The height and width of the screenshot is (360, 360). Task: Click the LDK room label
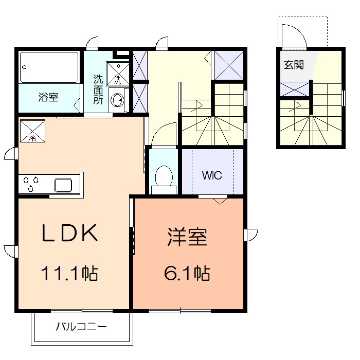[70, 234]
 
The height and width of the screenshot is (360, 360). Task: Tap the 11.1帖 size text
[70, 273]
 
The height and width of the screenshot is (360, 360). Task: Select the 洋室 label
[187, 238]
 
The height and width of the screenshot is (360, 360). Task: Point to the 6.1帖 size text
[187, 274]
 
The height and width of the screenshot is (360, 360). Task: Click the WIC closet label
[211, 175]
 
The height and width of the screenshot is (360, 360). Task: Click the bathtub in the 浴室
[49, 67]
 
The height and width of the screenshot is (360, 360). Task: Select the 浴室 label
[48, 97]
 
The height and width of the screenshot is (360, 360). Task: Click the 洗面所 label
[98, 90]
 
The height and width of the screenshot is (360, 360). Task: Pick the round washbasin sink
[118, 99]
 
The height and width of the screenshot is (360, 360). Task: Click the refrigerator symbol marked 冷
[32, 131]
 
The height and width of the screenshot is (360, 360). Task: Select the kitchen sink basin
[65, 184]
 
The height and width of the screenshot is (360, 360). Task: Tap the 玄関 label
[293, 65]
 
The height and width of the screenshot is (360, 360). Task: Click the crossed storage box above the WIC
[228, 65]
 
